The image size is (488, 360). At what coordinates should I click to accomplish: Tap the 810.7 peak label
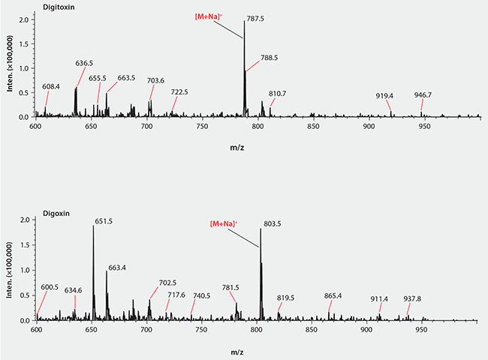(x=278, y=93)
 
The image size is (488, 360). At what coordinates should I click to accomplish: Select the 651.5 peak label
(x=104, y=221)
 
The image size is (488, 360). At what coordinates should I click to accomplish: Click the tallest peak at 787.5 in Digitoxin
(x=244, y=67)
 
